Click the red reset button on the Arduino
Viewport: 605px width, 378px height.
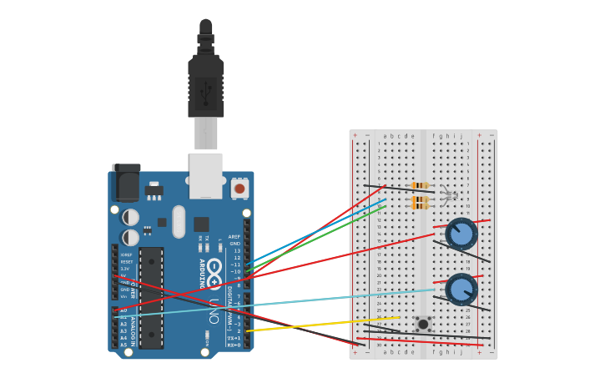pos(239,189)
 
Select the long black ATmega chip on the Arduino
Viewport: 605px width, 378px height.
pos(151,297)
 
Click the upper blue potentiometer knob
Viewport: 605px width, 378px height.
pos(461,234)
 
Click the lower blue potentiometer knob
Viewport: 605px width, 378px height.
pos(461,289)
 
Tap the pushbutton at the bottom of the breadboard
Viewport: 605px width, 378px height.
pos(423,324)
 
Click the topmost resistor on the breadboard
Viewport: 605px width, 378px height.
pos(420,185)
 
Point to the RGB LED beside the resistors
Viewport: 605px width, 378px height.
pos(451,195)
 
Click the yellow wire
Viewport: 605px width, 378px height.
pos(325,324)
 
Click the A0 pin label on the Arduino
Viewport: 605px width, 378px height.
pos(124,310)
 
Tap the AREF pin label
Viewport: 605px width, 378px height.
pos(234,237)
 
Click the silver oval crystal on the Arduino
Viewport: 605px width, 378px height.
pos(179,222)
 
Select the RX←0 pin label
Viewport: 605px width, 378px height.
pos(234,345)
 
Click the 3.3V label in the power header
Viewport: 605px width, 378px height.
pos(125,269)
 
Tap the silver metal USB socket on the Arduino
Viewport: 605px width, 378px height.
pos(205,174)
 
